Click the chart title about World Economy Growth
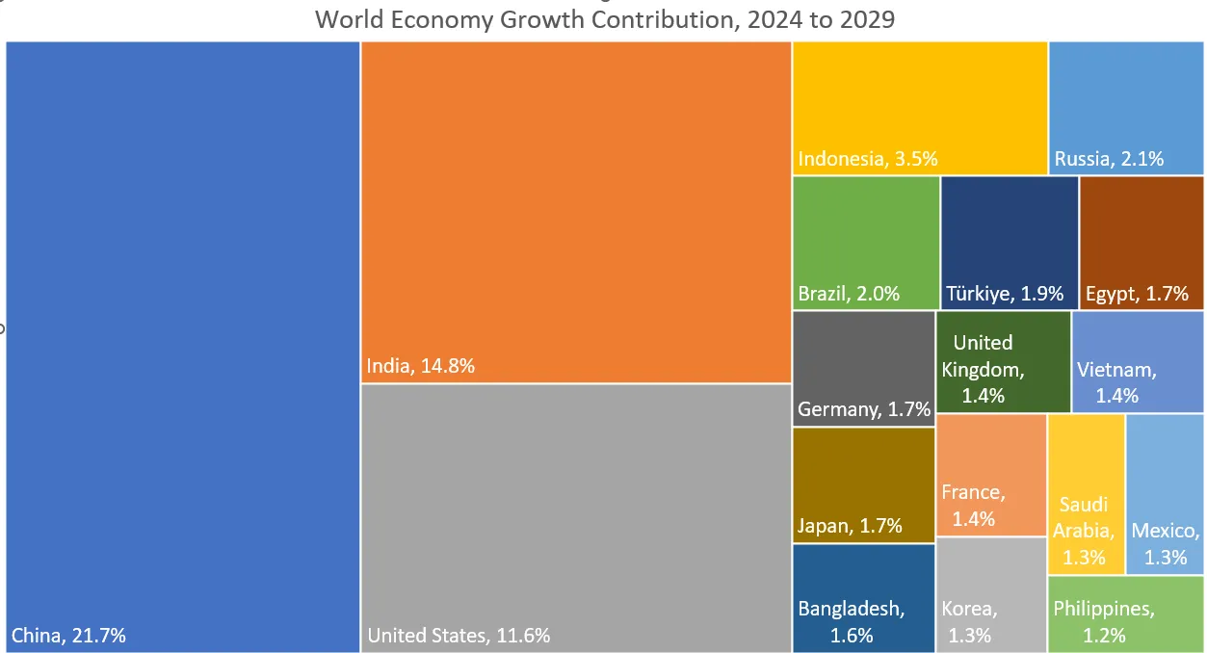click(604, 19)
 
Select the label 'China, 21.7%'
click(68, 636)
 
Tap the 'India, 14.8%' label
click(420, 366)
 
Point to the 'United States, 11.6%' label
click(459, 636)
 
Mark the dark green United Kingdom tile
click(1003, 361)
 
